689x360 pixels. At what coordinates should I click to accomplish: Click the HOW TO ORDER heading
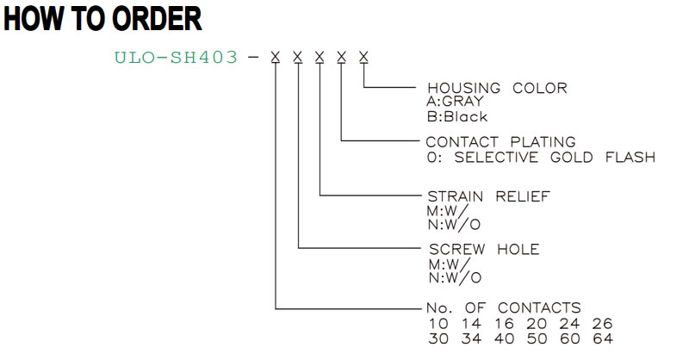pyautogui.click(x=102, y=18)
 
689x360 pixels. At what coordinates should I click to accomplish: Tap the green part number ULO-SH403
pyautogui.click(x=176, y=57)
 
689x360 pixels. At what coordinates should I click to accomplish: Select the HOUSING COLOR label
pyautogui.click(x=497, y=88)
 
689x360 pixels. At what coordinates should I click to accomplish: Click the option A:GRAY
pyautogui.click(x=455, y=102)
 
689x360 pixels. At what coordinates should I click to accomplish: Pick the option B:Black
pyautogui.click(x=457, y=117)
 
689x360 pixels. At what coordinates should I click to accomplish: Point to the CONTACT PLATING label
pyautogui.click(x=500, y=142)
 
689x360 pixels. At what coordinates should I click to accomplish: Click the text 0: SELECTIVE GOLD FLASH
pyautogui.click(x=541, y=157)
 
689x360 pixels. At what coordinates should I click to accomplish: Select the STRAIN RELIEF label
pyautogui.click(x=488, y=196)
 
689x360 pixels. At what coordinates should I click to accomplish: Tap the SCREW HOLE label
pyautogui.click(x=484, y=249)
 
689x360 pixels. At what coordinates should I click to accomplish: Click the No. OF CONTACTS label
pyautogui.click(x=504, y=307)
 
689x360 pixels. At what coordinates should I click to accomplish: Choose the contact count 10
pyautogui.click(x=438, y=324)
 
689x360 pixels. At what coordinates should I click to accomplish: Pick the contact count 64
pyautogui.click(x=602, y=338)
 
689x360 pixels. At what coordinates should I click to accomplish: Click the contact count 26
pyautogui.click(x=602, y=324)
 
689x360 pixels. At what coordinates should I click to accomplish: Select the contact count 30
pyautogui.click(x=438, y=338)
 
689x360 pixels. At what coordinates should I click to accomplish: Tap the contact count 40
pyautogui.click(x=504, y=338)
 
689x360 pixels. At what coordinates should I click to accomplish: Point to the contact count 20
pyautogui.click(x=537, y=324)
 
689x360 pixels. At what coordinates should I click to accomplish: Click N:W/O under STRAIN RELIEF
pyautogui.click(x=454, y=225)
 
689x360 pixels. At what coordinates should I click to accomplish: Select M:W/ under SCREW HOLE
pyautogui.click(x=449, y=264)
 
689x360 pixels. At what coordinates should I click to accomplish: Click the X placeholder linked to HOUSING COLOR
pyautogui.click(x=363, y=57)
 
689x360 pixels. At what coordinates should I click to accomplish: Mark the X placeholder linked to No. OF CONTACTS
pyautogui.click(x=275, y=57)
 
